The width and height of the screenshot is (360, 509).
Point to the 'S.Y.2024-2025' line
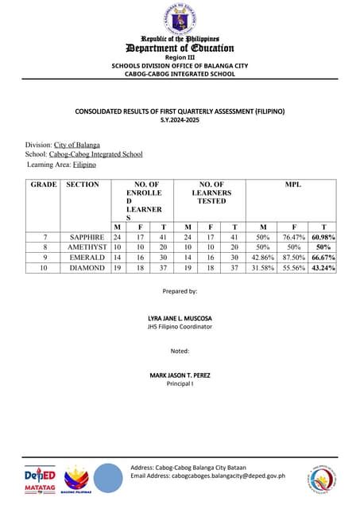(x=180, y=119)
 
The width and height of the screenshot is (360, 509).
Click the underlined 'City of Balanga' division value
(x=77, y=145)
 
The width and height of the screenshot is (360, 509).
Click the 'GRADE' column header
(x=44, y=185)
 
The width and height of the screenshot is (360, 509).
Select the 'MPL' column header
(x=292, y=185)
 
